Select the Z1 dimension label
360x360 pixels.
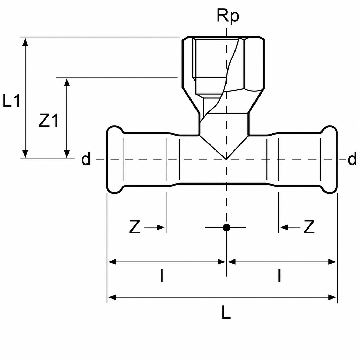coord(49,120)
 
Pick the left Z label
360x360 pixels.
coord(135,227)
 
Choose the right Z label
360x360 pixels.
coord(309,227)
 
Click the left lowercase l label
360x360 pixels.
coord(162,276)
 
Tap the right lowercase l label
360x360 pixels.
coord(279,276)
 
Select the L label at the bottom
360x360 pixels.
coord(226,312)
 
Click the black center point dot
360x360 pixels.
coord(226,227)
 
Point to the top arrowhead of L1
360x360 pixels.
coord(25,42)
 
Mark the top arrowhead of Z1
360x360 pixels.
coord(67,82)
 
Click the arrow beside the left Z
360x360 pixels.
coord(154,227)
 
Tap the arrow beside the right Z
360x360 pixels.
coord(290,227)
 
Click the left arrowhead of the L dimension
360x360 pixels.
coord(112,297)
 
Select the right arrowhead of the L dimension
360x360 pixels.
coord(332,297)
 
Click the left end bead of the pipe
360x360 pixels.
coord(115,160)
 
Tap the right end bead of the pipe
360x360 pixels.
coord(329,160)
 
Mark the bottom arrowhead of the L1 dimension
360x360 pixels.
coord(25,154)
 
